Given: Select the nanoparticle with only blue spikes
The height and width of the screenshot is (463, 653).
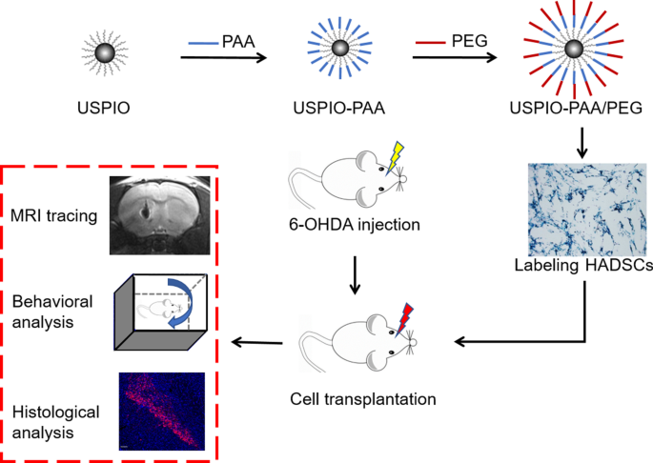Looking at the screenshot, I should (338, 49).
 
